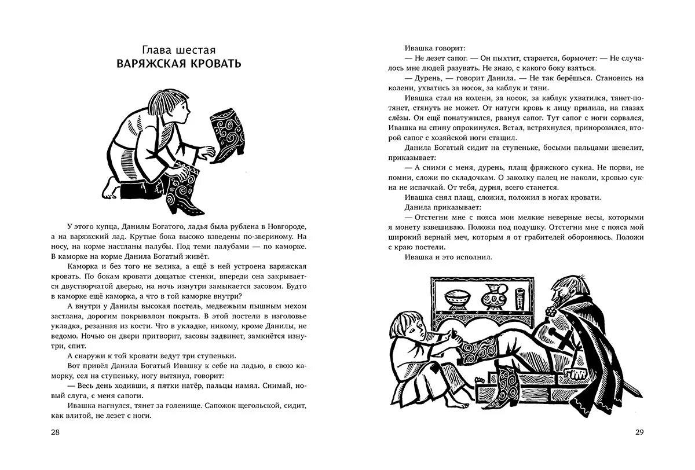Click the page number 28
[56, 432]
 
